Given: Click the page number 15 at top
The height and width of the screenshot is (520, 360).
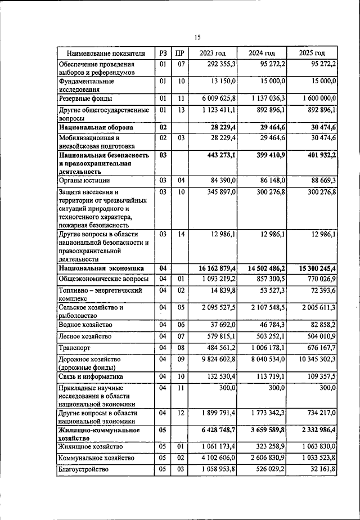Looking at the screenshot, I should click(x=197, y=37).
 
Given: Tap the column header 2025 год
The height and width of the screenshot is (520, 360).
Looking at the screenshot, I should click(x=312, y=53).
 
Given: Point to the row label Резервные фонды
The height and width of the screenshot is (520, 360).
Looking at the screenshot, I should click(x=85, y=98).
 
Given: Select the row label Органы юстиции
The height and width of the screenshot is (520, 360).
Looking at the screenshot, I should click(x=84, y=181).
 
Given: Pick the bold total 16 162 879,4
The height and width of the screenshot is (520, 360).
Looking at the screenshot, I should click(x=213, y=268).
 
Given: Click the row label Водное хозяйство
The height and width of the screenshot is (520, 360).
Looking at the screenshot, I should click(x=85, y=325).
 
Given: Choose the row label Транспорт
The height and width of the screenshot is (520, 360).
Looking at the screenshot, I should click(x=75, y=348).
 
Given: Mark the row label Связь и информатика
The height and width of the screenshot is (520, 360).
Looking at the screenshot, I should click(x=92, y=376).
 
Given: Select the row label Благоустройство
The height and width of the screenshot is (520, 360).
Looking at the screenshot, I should click(x=83, y=469).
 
